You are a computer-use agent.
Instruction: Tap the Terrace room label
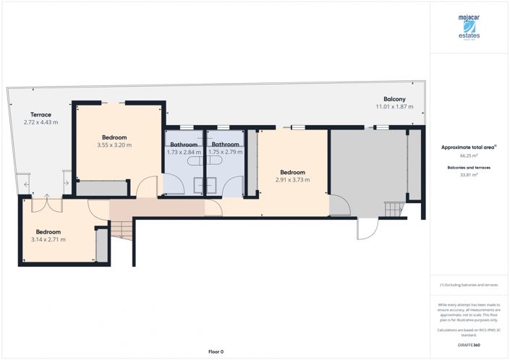click(41, 114)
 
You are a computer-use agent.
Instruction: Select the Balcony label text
click(394, 99)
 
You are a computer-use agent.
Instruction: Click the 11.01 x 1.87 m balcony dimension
click(394, 107)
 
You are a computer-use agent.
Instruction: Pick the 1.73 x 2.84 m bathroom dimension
click(184, 152)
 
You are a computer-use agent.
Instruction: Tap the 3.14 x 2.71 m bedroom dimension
click(48, 239)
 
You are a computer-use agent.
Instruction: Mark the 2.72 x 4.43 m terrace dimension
click(41, 122)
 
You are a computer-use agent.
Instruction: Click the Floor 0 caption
click(216, 351)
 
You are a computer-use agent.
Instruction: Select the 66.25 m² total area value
click(469, 155)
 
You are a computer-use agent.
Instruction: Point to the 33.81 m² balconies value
click(469, 175)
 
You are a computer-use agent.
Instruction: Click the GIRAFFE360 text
click(469, 345)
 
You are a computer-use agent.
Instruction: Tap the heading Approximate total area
click(468, 147)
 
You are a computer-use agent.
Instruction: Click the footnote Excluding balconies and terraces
click(469, 286)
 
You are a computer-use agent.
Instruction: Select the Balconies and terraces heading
click(469, 167)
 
